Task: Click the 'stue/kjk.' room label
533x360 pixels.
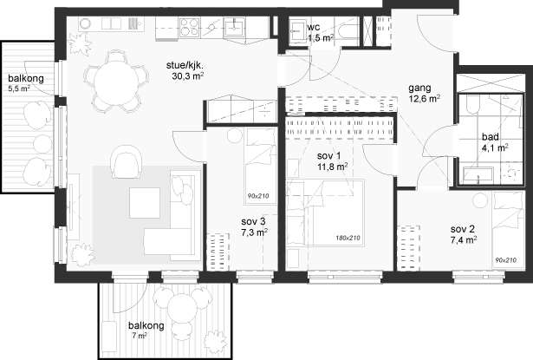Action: pos(186,66)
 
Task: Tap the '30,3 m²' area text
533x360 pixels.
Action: pos(188,76)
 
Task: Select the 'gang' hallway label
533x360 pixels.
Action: pos(419,88)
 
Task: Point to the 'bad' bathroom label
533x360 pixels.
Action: pos(491,137)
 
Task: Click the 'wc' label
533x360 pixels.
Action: pos(313,27)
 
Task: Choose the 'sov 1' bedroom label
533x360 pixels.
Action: pos(328,156)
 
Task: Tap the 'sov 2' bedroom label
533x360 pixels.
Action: pos(463,229)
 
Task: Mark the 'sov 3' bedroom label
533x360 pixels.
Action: pos(253,221)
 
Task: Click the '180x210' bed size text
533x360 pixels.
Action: pos(348,239)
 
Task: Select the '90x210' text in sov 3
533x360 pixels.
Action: pos(258,196)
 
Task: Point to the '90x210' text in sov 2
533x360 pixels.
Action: pos(506,260)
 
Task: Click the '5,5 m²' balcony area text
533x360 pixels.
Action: pos(19,88)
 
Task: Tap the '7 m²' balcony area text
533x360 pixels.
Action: pos(140,336)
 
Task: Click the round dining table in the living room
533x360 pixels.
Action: pos(115,82)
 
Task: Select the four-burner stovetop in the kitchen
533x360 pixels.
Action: pos(190,27)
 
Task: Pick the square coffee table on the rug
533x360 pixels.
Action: pos(145,203)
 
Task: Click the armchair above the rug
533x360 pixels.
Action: pos(127,162)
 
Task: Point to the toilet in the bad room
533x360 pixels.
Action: pos(473,104)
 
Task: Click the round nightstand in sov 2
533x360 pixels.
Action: pos(479,200)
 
